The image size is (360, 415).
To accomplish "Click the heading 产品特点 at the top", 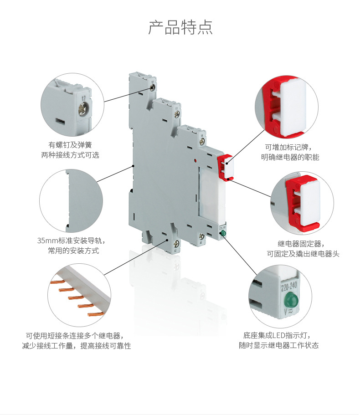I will coord(180,27).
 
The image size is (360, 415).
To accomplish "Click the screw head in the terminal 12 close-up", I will coord(84,108).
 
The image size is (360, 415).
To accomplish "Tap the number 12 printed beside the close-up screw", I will coord(82,97).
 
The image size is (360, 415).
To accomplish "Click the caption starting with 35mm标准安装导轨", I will coord(73,241).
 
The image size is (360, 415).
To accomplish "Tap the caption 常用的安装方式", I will coord(73,251).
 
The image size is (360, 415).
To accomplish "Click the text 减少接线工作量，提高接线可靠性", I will coord(76,346).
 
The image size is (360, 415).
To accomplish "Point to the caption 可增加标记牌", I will coord(288,147).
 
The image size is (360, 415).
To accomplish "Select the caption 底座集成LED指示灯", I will coord(278,335).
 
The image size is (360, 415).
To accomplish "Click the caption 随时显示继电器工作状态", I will coord(278,346).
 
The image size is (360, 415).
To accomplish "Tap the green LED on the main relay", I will coord(223,234).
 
